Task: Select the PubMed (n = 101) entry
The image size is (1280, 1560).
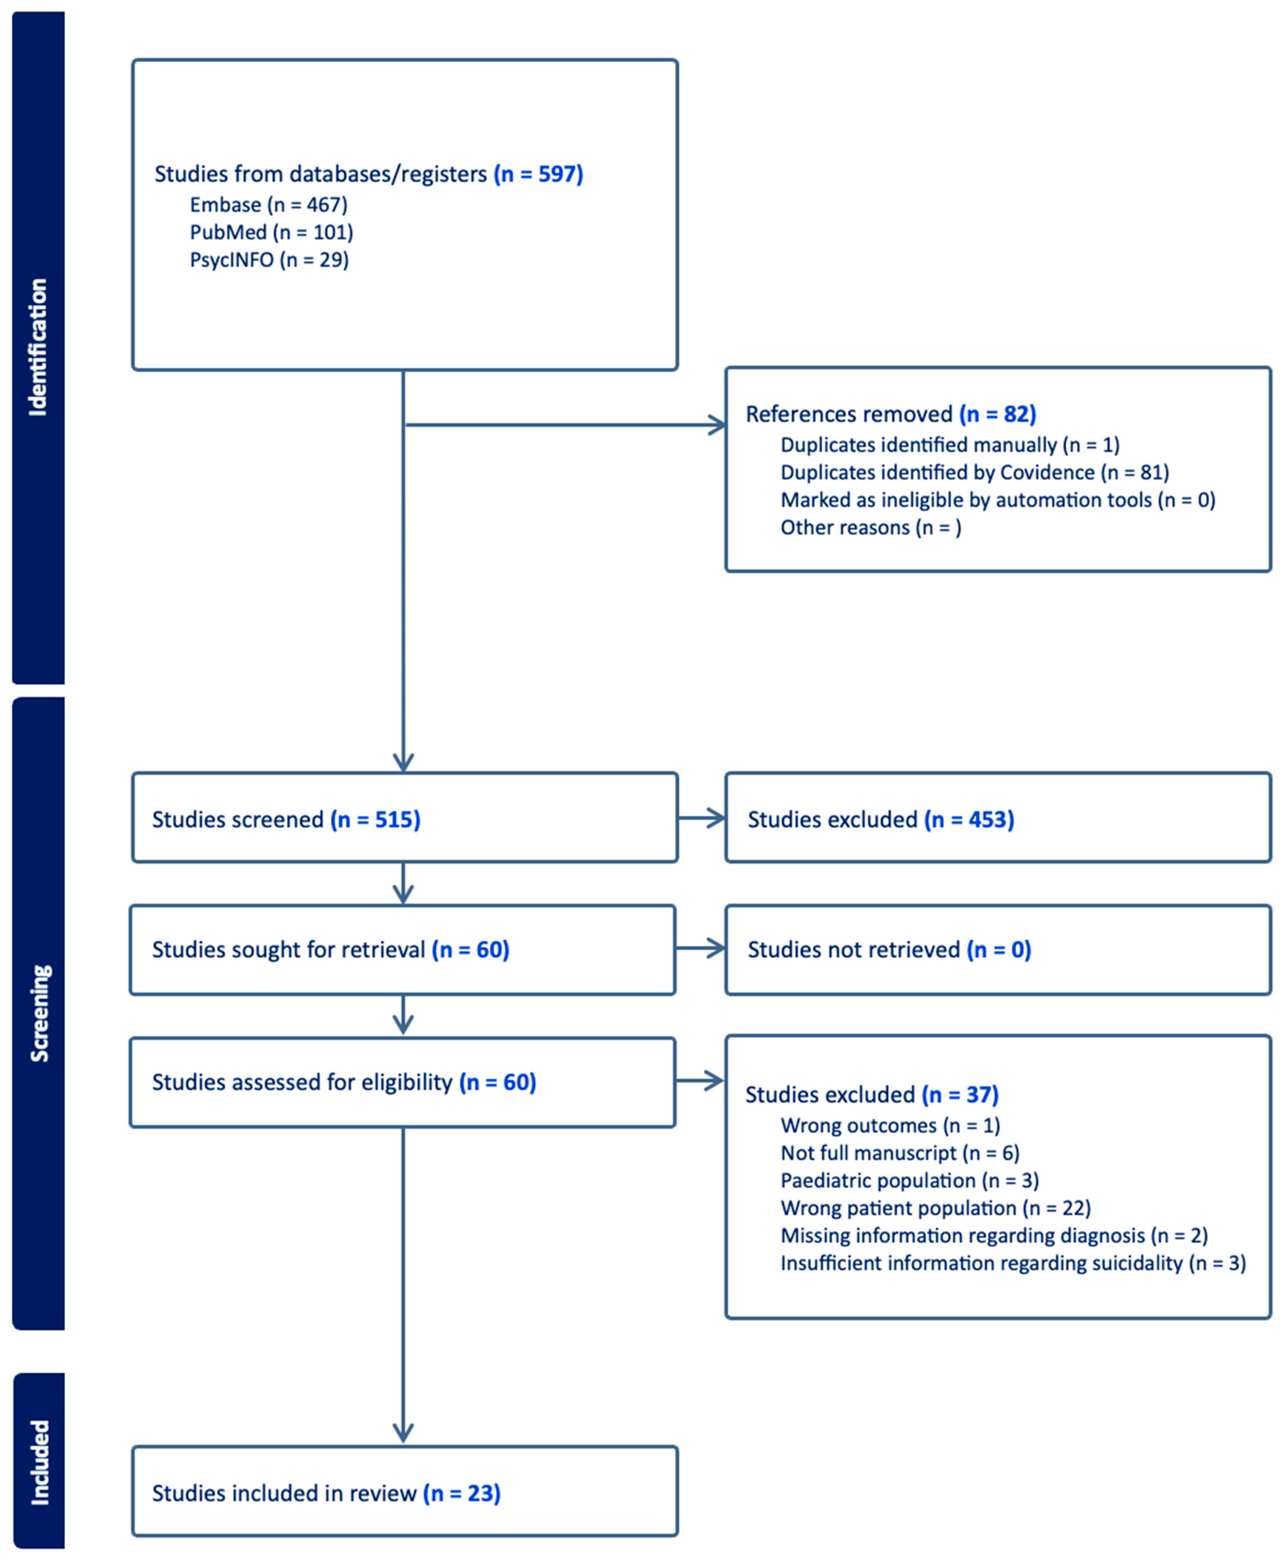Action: click(271, 232)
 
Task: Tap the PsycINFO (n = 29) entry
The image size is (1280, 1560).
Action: click(269, 259)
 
